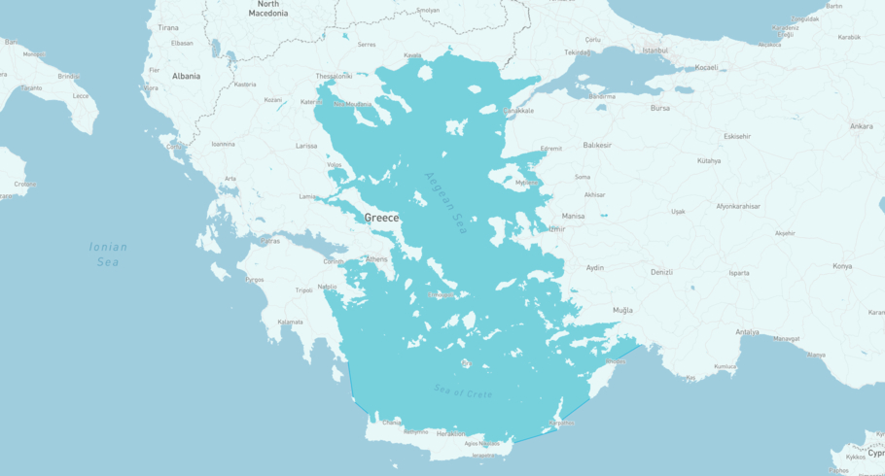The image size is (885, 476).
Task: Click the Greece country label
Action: tap(381, 218)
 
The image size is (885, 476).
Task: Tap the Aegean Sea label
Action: tap(446, 203)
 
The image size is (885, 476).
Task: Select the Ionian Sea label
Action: tap(107, 255)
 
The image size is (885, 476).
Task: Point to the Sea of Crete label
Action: tap(463, 393)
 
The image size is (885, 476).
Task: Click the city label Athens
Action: tap(376, 259)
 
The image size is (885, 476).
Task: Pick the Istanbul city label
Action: tap(655, 51)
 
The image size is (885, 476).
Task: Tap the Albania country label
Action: tap(186, 76)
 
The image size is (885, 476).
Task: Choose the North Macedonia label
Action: tap(267, 9)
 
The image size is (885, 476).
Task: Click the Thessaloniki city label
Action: tap(334, 76)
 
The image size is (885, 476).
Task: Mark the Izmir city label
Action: tap(556, 229)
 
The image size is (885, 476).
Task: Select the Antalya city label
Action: tap(747, 332)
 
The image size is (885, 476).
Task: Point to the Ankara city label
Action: tap(861, 126)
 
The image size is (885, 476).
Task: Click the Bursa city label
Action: tap(660, 108)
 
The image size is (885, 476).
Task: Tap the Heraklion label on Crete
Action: tap(450, 434)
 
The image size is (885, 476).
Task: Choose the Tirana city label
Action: tap(168, 28)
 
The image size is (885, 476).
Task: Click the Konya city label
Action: tap(842, 266)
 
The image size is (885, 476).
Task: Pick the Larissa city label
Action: tap(306, 146)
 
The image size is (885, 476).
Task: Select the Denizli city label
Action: tap(661, 272)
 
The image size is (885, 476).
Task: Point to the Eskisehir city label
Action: tap(737, 136)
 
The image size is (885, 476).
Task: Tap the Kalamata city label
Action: tap(291, 323)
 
